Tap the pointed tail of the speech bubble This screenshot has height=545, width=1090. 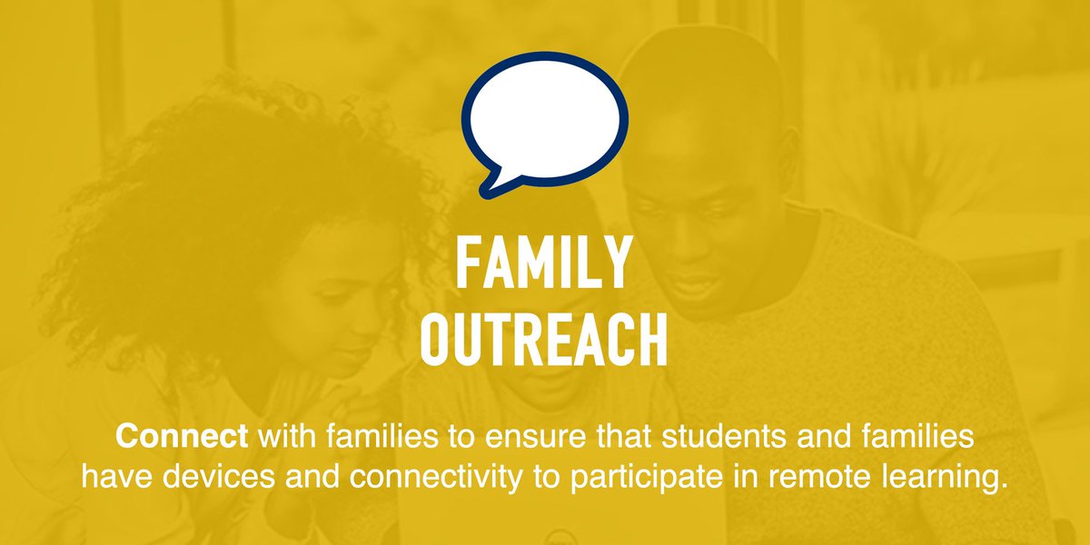pyautogui.click(x=491, y=184)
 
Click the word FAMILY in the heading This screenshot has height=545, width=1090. pyautogui.click(x=543, y=261)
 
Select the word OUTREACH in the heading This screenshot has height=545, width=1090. pyautogui.click(x=545, y=338)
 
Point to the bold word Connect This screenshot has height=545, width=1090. pyautogui.click(x=182, y=437)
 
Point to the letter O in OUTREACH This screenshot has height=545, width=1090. pyautogui.click(x=441, y=338)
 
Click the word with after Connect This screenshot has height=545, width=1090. pyautogui.click(x=282, y=437)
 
